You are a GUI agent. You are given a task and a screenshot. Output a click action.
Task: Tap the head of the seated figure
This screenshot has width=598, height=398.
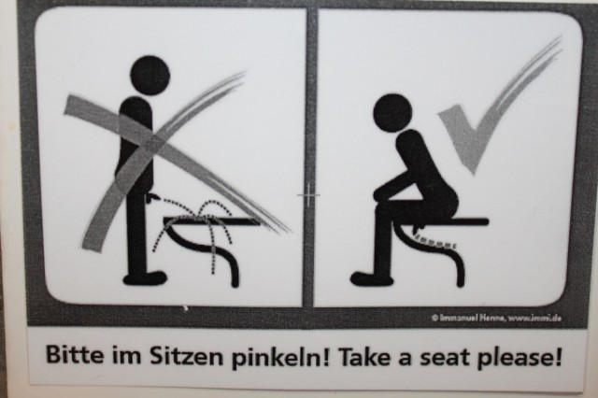(x=392, y=113)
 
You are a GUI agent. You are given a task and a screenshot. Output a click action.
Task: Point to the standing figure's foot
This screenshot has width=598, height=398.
(x=145, y=277)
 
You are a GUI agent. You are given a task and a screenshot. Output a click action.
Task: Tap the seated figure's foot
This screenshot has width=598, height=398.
(x=371, y=278)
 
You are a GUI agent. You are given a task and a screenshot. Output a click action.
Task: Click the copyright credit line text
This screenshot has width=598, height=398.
(x=496, y=317)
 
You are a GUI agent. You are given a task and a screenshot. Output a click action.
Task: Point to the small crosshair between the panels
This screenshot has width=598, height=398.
(x=309, y=195)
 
